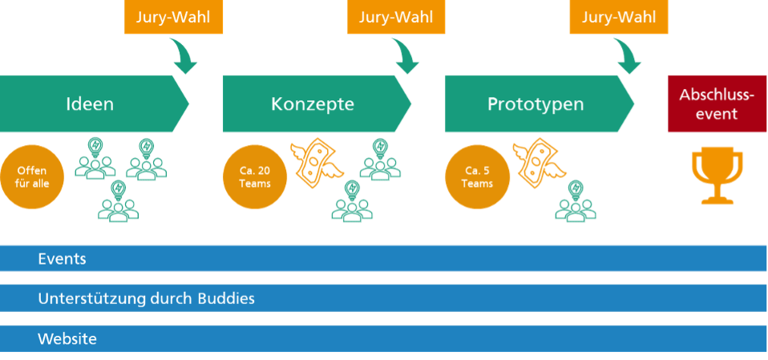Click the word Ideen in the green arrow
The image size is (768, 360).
click(x=90, y=104)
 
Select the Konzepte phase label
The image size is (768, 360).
click(x=312, y=104)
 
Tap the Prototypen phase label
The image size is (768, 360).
click(x=536, y=104)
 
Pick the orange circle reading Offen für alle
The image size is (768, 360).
click(x=31, y=177)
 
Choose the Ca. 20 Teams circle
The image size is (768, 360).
click(x=254, y=177)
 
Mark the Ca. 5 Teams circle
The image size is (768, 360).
click(x=477, y=177)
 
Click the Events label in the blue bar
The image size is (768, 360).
click(x=62, y=259)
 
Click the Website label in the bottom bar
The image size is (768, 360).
click(x=67, y=339)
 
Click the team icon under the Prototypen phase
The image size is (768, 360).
click(x=575, y=201)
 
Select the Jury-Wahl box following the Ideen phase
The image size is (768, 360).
click(x=173, y=18)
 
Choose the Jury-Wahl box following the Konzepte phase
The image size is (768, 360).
click(x=396, y=18)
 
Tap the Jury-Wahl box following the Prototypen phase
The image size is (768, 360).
click(x=618, y=18)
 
